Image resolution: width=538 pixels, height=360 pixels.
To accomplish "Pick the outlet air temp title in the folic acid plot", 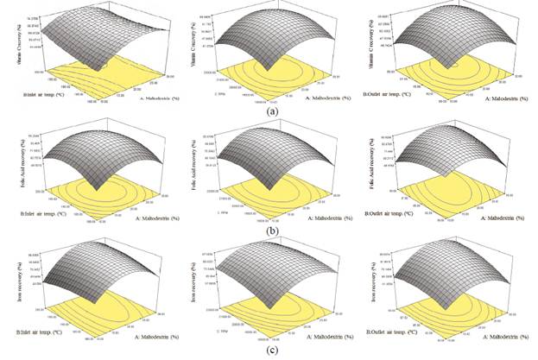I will click(x=393, y=211).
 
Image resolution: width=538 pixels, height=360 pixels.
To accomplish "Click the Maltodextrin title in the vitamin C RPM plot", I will click(x=316, y=96).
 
